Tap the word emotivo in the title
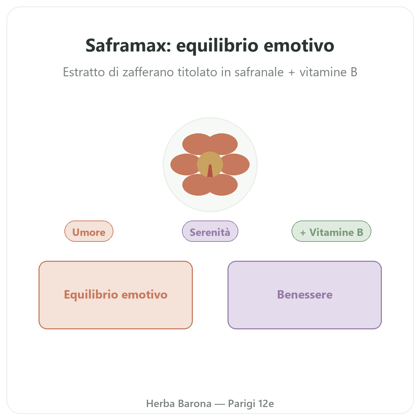tap(299, 45)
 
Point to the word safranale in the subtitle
tap(259, 72)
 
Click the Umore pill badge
tap(89, 231)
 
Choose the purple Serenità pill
tap(210, 231)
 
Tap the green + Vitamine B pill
tap(331, 231)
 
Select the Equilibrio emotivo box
tap(115, 295)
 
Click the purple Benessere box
tap(304, 295)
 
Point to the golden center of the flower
tap(210, 160)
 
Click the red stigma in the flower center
tap(210, 171)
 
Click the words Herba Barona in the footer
tap(179, 404)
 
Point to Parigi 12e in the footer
tap(251, 404)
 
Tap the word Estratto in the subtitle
tap(84, 72)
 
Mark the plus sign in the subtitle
tap(292, 72)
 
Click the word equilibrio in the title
tap(217, 46)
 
